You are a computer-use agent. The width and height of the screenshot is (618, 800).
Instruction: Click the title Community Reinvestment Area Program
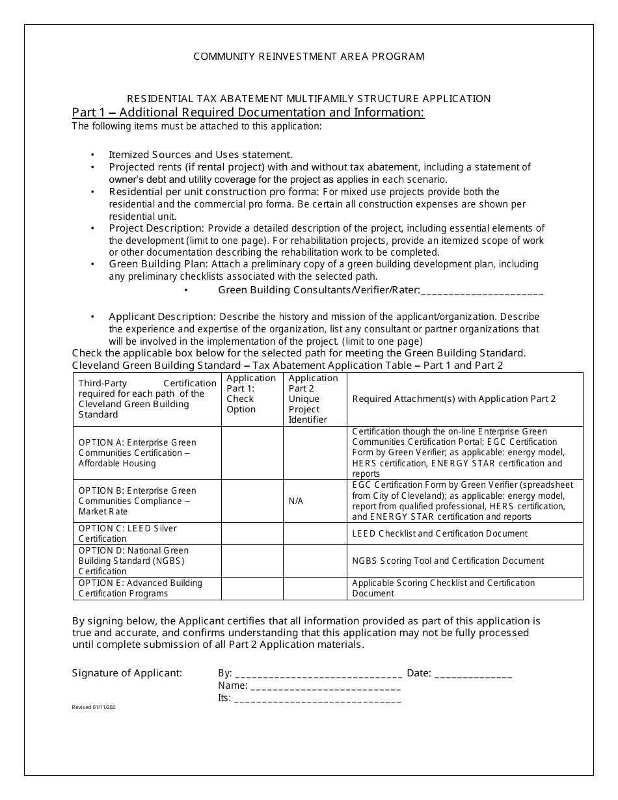coord(309,56)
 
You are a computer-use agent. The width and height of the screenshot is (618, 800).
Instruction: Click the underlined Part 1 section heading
coord(248,113)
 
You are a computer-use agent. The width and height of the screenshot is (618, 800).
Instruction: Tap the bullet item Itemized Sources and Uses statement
coord(200,155)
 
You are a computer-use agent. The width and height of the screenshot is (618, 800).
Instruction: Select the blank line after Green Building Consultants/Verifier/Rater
coord(482,290)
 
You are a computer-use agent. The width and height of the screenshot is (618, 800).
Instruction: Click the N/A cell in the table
coord(296,501)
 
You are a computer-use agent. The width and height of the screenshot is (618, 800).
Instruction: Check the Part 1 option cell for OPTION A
coord(252,453)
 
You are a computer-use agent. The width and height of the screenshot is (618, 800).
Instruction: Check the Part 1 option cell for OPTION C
coord(252,533)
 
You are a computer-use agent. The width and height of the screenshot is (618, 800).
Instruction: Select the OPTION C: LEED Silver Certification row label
coord(128,533)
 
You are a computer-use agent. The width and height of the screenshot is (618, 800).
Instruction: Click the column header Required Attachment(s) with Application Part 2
coord(454,399)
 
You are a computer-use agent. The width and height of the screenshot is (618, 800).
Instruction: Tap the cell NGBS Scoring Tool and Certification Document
coord(448,561)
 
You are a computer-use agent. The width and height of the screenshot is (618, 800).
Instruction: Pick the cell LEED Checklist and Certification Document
coord(440,533)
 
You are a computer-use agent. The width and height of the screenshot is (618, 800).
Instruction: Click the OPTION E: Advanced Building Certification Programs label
coord(141,588)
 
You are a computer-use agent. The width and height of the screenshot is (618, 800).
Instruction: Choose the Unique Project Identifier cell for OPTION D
coord(315,561)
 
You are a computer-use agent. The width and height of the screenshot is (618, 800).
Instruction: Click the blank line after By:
coord(318,674)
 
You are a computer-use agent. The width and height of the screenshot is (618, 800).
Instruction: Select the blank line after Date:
coord(473,674)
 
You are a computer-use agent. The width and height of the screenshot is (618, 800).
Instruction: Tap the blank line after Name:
coord(325,686)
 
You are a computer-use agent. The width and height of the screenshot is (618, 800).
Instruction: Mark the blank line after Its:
coord(317,699)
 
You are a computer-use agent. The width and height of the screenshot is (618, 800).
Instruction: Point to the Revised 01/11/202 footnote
coord(94,707)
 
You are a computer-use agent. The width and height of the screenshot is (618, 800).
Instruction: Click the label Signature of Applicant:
coord(127,673)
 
